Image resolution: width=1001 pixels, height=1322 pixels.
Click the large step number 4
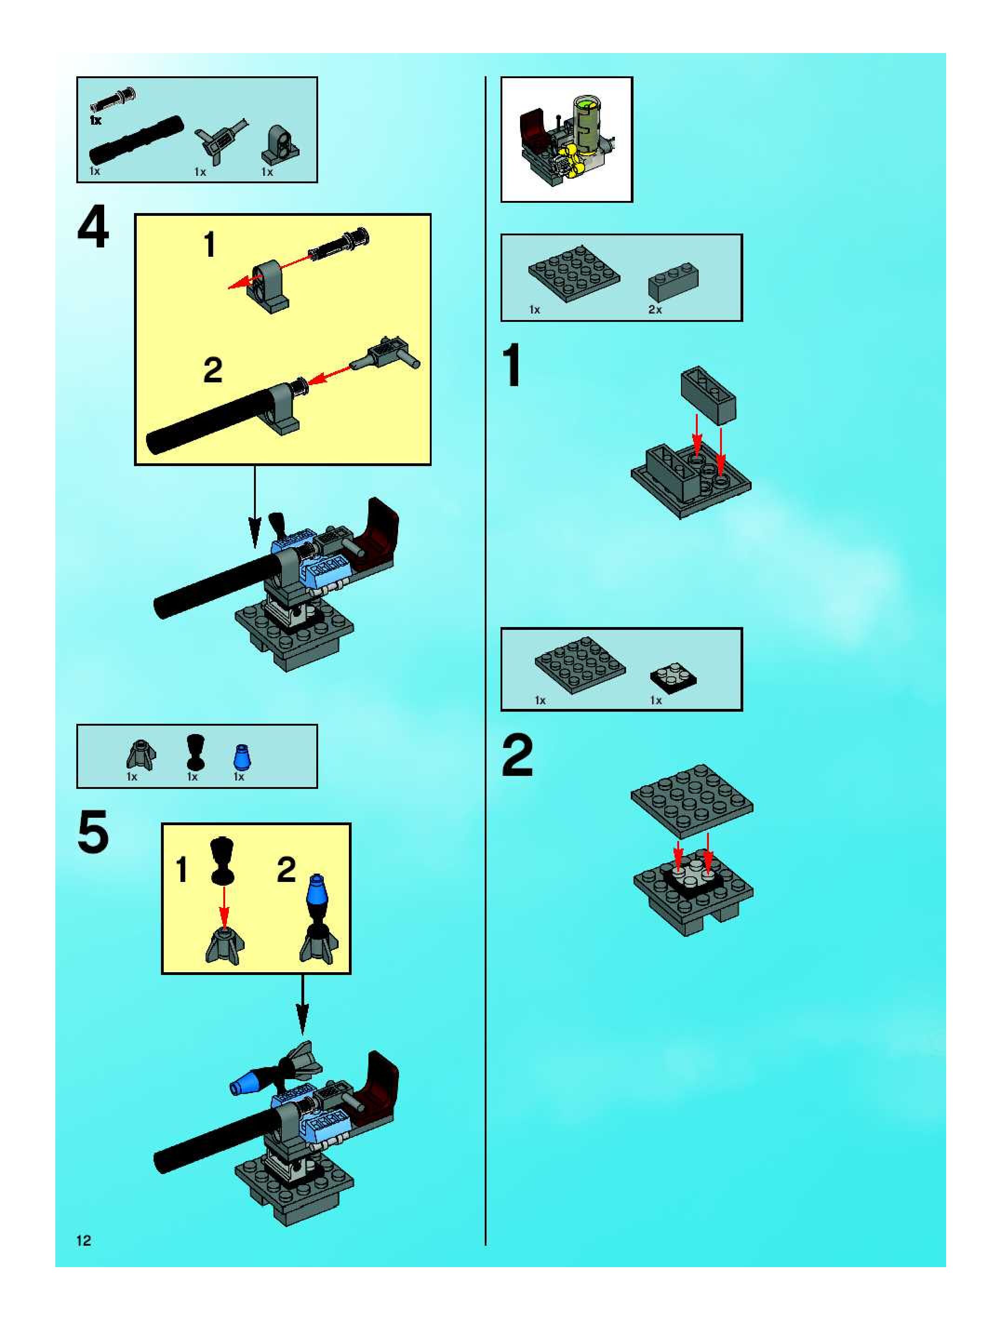93,227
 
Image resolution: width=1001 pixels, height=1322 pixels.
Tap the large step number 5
93,831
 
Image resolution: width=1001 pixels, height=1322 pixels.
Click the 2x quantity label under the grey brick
655,310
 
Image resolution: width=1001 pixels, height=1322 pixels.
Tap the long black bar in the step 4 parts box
136,140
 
